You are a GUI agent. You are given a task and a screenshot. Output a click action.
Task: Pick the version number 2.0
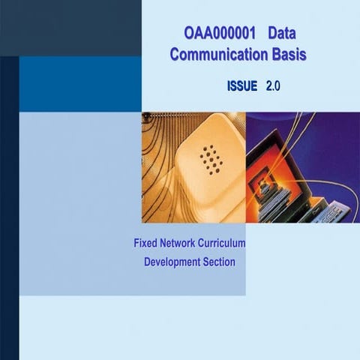tap(272, 87)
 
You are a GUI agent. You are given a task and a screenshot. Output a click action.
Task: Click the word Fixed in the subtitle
tap(146, 244)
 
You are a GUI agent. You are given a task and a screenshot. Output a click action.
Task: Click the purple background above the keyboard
tap(330, 150)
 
